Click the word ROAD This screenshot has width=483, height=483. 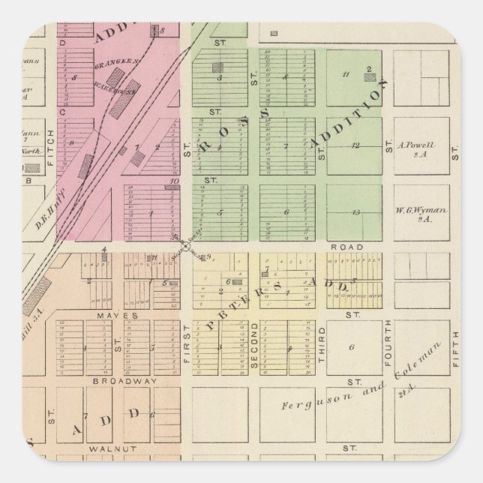(350, 247)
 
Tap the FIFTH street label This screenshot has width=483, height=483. (454, 345)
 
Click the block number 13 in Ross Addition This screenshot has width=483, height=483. (355, 212)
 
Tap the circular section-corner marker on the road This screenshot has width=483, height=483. (184, 245)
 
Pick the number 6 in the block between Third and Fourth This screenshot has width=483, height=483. (350, 347)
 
